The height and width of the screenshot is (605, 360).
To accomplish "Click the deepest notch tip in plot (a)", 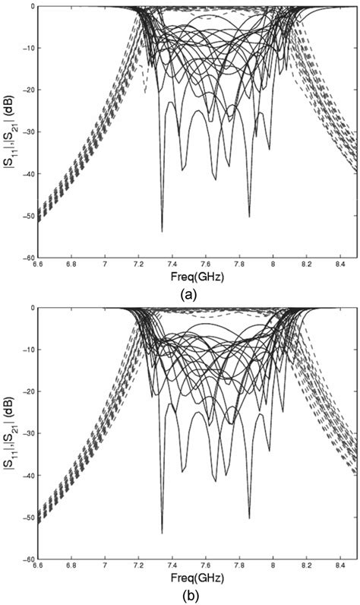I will pyautogui.click(x=162, y=230).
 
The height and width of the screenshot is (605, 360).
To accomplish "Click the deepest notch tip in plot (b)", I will pyautogui.click(x=162, y=532).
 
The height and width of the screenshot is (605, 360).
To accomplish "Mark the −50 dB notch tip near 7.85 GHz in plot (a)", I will pyautogui.click(x=249, y=217).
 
